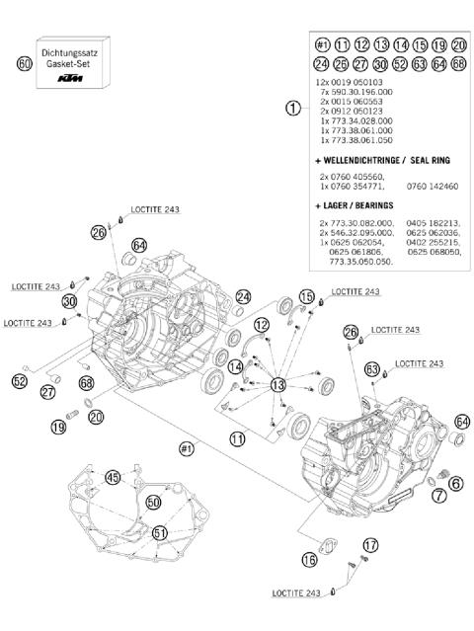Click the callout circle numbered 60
pos(26,64)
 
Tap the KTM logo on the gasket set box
pos(69,76)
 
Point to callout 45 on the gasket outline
pos(114,479)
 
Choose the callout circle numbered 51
pos(160,533)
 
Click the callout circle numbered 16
pos(309,560)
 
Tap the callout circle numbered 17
pos(370,544)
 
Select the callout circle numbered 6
pos(455,483)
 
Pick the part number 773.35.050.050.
pos(356,261)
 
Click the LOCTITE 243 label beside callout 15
pos(355,292)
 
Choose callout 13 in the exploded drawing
pos(277,384)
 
